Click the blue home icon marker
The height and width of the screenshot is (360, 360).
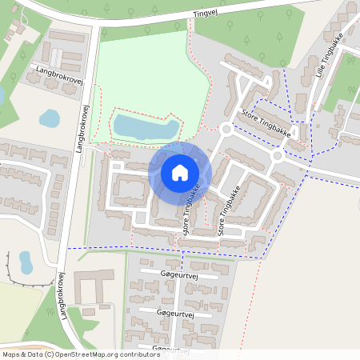(x=180, y=172)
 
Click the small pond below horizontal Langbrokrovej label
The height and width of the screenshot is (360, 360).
(x=50, y=119)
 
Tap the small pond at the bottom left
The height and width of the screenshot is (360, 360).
(x=26, y=261)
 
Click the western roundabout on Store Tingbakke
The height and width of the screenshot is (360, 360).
(x=226, y=128)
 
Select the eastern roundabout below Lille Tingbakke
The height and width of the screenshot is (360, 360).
(x=278, y=156)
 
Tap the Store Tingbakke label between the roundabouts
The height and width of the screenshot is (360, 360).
(x=265, y=124)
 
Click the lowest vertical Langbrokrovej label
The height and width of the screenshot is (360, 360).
(x=61, y=297)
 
